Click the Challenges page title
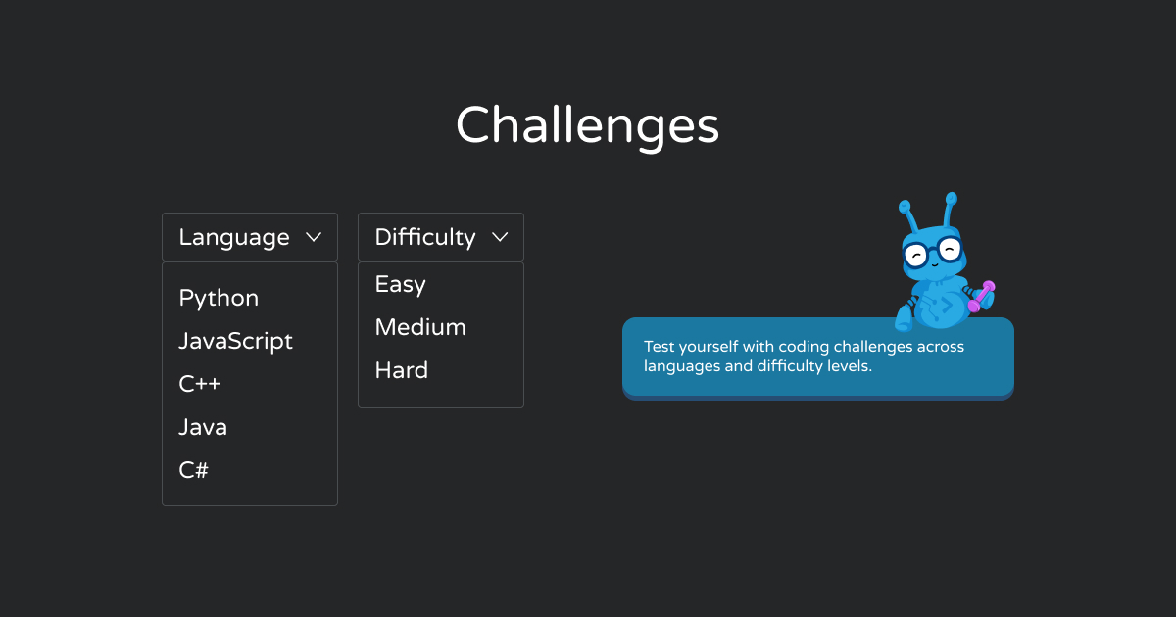(x=587, y=126)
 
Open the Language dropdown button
(x=250, y=237)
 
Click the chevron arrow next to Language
(x=314, y=237)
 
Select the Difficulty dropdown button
(x=441, y=237)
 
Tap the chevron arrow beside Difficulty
(x=501, y=237)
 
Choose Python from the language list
(x=219, y=299)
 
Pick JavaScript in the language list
(x=236, y=342)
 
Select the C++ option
(x=200, y=384)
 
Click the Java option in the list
(x=203, y=427)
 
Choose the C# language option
(x=194, y=470)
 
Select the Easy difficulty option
(x=401, y=285)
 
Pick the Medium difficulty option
(x=420, y=327)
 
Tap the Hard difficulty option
(x=402, y=370)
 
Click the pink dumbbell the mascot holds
(x=981, y=297)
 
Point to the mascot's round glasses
(x=933, y=252)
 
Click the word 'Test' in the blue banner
(x=659, y=347)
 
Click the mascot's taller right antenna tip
(x=952, y=198)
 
